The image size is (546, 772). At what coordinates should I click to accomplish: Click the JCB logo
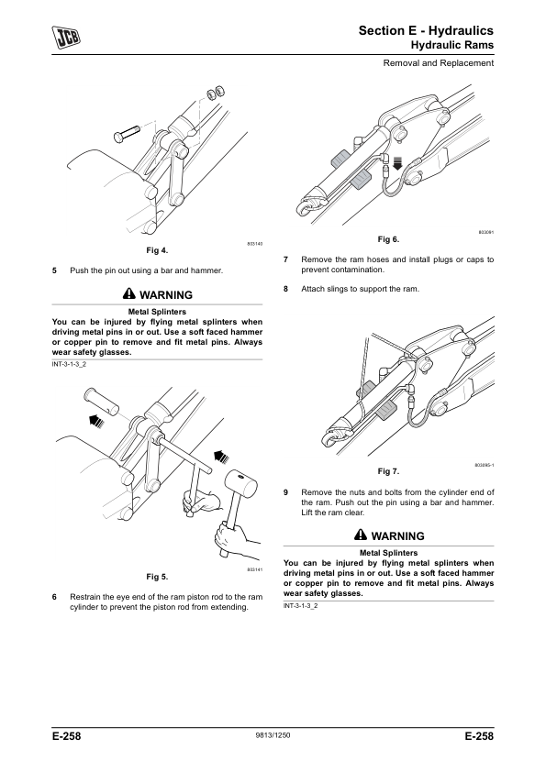coord(66,38)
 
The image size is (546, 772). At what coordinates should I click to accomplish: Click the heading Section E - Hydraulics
coord(426,30)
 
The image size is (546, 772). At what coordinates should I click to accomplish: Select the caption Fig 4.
coord(157,250)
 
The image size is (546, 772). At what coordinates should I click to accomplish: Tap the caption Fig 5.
coord(157,577)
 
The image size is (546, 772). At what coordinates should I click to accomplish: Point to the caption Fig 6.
coord(388,239)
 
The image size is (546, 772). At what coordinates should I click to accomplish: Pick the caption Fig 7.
coord(388,471)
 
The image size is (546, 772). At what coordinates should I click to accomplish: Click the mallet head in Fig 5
coord(241,483)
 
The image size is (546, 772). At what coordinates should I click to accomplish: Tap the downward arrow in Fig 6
coord(397,162)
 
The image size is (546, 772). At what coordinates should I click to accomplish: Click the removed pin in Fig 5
coord(102,402)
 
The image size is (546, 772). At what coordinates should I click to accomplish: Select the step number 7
coord(285,259)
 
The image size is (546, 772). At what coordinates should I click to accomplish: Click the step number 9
coord(285,492)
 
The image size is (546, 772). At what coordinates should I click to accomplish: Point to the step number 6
coord(55,597)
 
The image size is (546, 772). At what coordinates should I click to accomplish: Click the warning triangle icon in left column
coord(128,294)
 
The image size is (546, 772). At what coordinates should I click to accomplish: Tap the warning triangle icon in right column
coord(361,535)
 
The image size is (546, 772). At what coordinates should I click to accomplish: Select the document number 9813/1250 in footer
coord(273,735)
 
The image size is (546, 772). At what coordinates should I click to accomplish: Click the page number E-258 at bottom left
coord(66,736)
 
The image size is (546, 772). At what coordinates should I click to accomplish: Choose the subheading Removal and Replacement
coord(439,63)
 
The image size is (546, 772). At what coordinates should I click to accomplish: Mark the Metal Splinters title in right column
coord(389,553)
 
